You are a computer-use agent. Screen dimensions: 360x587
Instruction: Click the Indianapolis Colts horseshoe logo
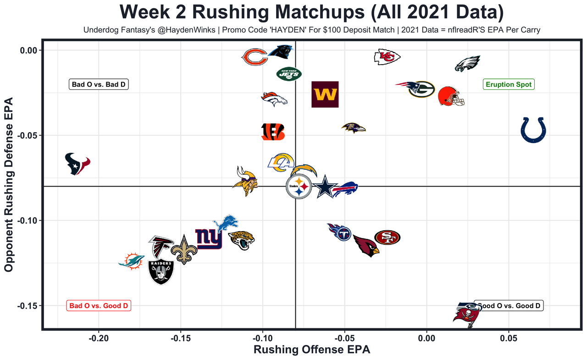[533, 130]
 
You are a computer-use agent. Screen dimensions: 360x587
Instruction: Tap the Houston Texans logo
[77, 164]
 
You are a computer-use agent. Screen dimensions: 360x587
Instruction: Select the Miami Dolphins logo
[131, 261]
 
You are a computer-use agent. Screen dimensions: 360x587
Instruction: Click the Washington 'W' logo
[325, 94]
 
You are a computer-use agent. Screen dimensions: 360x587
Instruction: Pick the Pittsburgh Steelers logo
[299, 187]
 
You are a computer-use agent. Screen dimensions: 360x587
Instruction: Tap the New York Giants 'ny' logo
[209, 238]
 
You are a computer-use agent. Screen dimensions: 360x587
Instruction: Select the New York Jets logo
[289, 73]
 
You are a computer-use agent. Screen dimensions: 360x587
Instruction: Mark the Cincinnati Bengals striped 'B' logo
[273, 131]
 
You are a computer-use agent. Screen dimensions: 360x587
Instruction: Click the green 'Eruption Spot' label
[509, 84]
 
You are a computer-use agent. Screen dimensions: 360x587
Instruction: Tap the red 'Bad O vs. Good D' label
[99, 305]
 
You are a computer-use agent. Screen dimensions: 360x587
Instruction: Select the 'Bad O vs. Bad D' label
[99, 84]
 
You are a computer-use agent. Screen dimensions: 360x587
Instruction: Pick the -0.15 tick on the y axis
[29, 306]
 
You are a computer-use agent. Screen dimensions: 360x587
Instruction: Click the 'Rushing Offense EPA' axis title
[305, 350]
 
